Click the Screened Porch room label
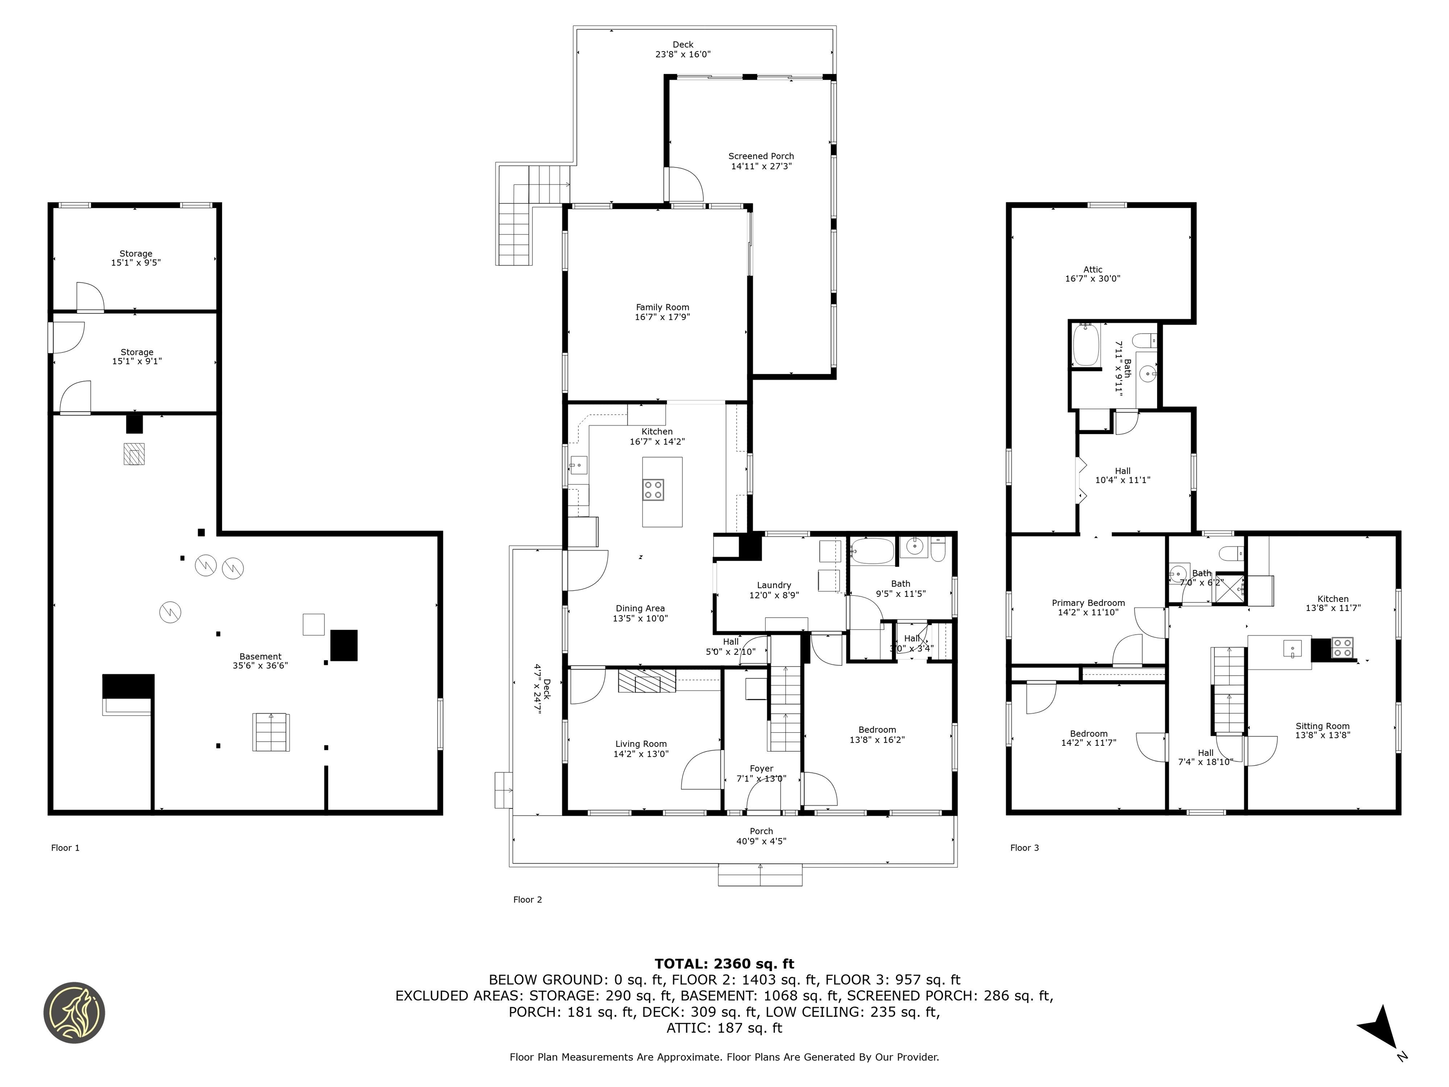tap(761, 156)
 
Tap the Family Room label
tap(662, 307)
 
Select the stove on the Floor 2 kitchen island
tap(653, 489)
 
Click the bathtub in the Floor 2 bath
tap(872, 552)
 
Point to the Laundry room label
tap(774, 585)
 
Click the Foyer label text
tap(761, 769)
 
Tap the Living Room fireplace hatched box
tap(647, 681)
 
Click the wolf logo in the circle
tap(74, 1012)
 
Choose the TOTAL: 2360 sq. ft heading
tap(724, 964)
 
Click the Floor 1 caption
tap(66, 848)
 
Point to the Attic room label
tap(1092, 269)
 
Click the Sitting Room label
tap(1323, 726)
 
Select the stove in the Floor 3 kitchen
tap(1342, 647)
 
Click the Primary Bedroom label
tap(1088, 603)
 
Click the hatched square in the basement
tap(134, 454)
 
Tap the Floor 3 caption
tap(1024, 848)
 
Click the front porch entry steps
tap(760, 875)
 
